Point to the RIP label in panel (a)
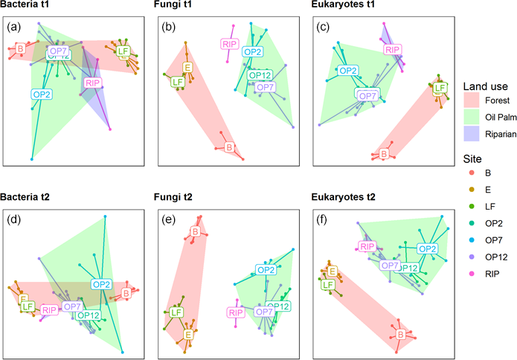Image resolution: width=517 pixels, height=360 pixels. (x=93, y=83)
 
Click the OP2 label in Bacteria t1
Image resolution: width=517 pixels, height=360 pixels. (x=42, y=94)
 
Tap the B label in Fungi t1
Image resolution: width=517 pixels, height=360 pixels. (x=229, y=148)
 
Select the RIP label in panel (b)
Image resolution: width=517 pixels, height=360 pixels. (x=230, y=44)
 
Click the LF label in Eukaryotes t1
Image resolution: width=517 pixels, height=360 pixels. (x=440, y=88)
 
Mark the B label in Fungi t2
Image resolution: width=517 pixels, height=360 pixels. (x=195, y=233)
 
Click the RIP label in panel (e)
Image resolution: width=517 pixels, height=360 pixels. (x=236, y=312)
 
